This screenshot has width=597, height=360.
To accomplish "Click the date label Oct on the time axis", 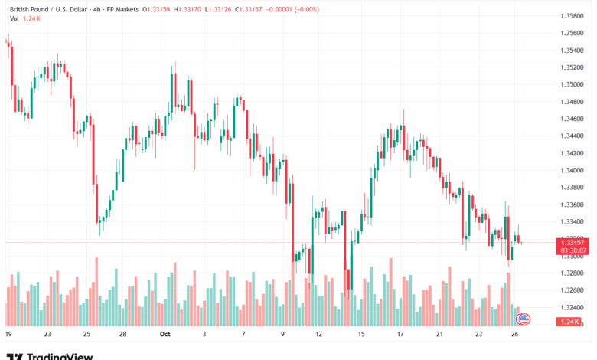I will click(x=165, y=335).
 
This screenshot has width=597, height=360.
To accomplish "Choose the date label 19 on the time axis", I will click(x=8, y=335).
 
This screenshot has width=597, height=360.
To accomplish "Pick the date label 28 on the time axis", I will click(x=122, y=335).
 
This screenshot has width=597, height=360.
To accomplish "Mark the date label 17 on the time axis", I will click(x=400, y=335).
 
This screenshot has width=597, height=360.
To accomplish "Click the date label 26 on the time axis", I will click(x=518, y=335).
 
